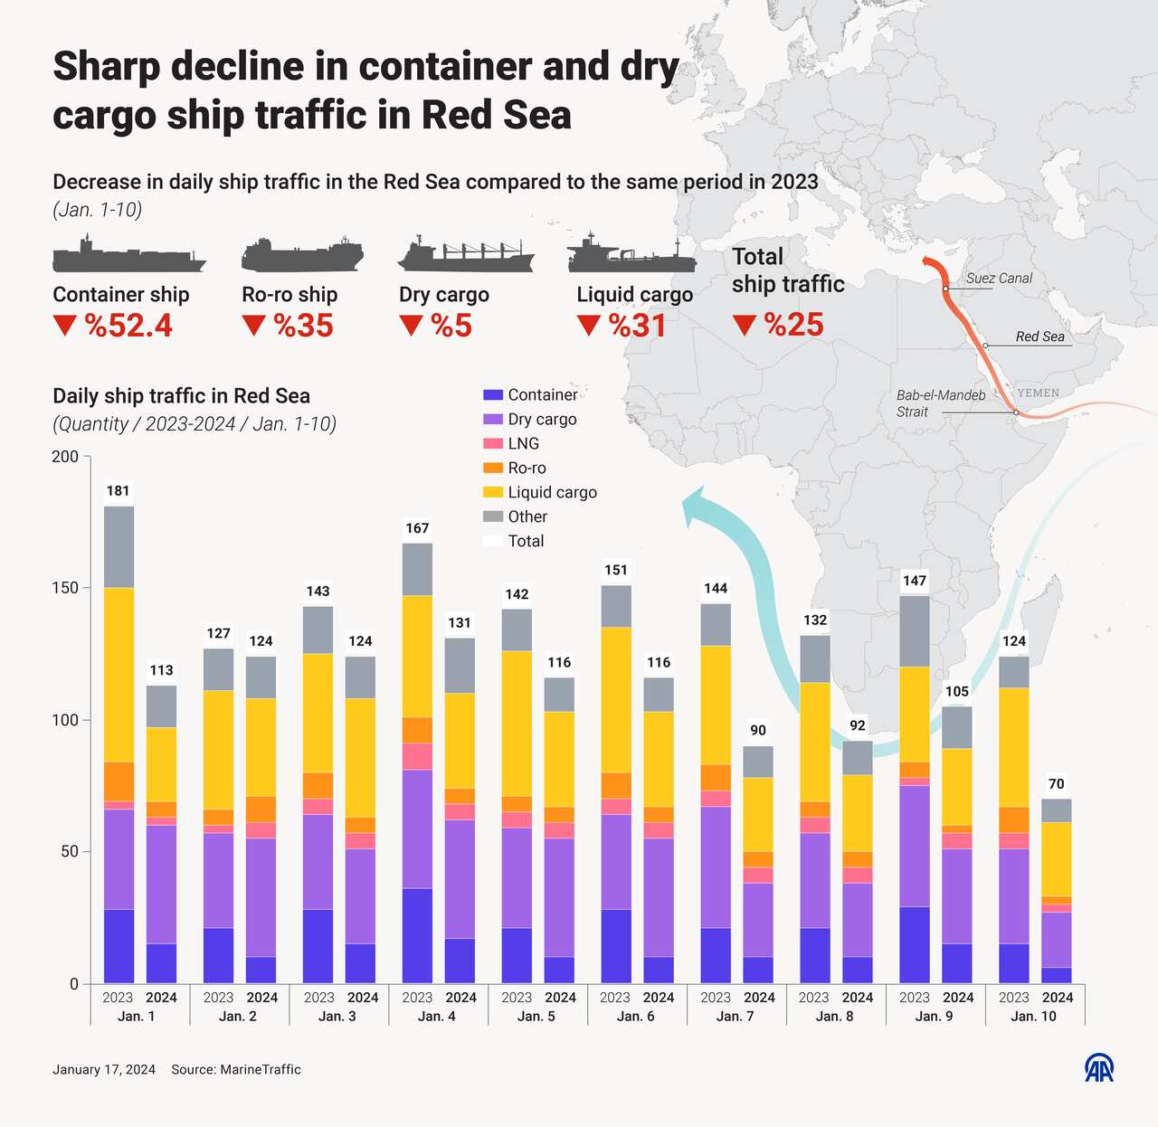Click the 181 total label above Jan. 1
[x=119, y=491]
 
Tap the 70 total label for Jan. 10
[x=1057, y=784]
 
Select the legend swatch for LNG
[x=493, y=443]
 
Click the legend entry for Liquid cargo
[x=552, y=492]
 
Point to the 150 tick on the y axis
[x=65, y=588]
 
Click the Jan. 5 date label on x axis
[x=537, y=1016]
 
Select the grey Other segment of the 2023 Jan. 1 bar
[x=119, y=547]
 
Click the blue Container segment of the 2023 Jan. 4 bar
[x=417, y=935]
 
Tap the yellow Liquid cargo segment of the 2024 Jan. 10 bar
[x=1057, y=858]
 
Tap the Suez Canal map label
[x=999, y=279]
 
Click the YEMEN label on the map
[x=1039, y=393]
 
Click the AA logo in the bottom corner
[x=1099, y=1068]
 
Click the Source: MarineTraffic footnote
[x=236, y=1069]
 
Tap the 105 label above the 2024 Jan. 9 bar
[x=957, y=692]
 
